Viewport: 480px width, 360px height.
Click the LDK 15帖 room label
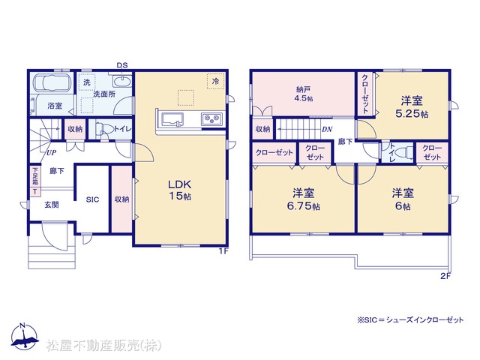pyautogui.click(x=180, y=190)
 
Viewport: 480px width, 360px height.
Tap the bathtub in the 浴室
pyautogui.click(x=52, y=82)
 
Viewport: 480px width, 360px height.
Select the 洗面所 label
pyautogui.click(x=104, y=94)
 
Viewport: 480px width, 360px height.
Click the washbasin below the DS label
pyautogui.click(x=122, y=82)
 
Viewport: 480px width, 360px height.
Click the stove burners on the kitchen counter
pyautogui.click(x=211, y=118)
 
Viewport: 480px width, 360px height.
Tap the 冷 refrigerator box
pyautogui.click(x=216, y=82)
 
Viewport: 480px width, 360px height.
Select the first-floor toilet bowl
pyautogui.click(x=102, y=128)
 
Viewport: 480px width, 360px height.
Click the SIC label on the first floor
pyautogui.click(x=92, y=200)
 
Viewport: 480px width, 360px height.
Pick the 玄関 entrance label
pyautogui.click(x=52, y=205)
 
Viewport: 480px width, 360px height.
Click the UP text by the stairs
pyautogui.click(x=51, y=152)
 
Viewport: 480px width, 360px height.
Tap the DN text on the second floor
pyautogui.click(x=327, y=130)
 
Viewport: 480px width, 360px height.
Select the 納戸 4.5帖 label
pyautogui.click(x=304, y=94)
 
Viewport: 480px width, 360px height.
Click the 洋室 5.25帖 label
pyautogui.click(x=412, y=107)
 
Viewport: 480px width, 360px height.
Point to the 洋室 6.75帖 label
pyautogui.click(x=303, y=199)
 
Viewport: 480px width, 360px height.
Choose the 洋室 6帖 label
pyautogui.click(x=403, y=199)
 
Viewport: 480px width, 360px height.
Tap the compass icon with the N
pyautogui.click(x=24, y=337)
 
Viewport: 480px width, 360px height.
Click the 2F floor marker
pyautogui.click(x=445, y=276)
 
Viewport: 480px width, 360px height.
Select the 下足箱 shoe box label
pyautogui.click(x=35, y=177)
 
